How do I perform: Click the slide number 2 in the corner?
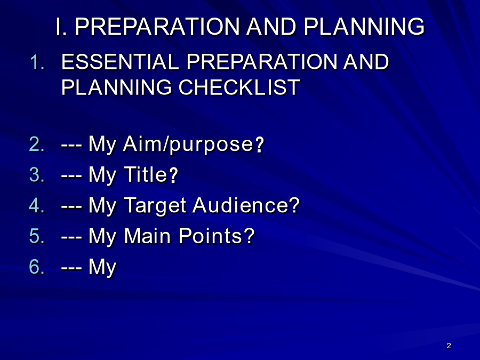(x=449, y=346)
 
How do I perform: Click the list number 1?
(x=37, y=62)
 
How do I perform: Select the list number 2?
(x=37, y=144)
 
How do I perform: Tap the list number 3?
(x=37, y=174)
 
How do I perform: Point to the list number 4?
(x=37, y=205)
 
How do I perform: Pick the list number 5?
(x=37, y=236)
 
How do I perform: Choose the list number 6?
(x=37, y=267)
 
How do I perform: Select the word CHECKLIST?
(x=239, y=87)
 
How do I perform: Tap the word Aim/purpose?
(x=188, y=144)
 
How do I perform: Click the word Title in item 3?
(x=146, y=174)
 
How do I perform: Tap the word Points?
(x=211, y=236)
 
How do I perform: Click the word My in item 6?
(x=102, y=267)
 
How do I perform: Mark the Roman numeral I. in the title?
(x=61, y=27)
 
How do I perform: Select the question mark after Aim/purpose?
(x=259, y=145)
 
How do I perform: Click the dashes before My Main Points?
(x=71, y=237)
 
